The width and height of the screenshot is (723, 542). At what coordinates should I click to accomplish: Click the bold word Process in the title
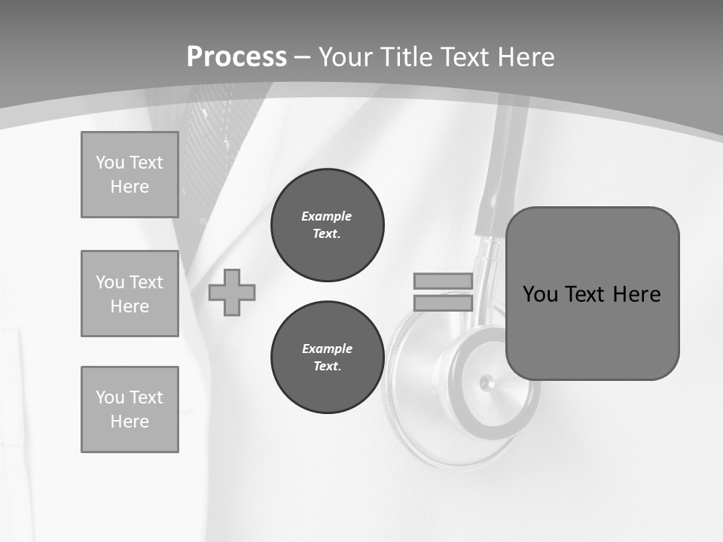pyautogui.click(x=236, y=57)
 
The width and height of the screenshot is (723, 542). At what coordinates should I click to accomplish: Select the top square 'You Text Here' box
pyautogui.click(x=130, y=175)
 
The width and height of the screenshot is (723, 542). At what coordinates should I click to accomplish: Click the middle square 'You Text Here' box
pyautogui.click(x=130, y=294)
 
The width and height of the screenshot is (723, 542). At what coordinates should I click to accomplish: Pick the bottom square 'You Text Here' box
pyautogui.click(x=130, y=410)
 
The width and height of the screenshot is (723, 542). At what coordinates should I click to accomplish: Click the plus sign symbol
pyautogui.click(x=232, y=292)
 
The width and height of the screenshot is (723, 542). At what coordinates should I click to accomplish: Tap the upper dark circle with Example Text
pyautogui.click(x=327, y=224)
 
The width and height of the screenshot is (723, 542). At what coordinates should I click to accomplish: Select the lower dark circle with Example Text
pyautogui.click(x=327, y=357)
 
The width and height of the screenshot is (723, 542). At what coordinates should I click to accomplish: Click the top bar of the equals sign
pyautogui.click(x=443, y=281)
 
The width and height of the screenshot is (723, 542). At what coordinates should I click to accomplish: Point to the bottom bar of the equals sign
pyautogui.click(x=443, y=303)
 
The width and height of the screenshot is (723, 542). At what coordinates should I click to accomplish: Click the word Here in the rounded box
pyautogui.click(x=636, y=294)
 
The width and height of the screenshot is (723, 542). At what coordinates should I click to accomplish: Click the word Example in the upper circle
pyautogui.click(x=327, y=216)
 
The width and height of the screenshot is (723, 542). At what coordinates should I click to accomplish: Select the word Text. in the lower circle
pyautogui.click(x=327, y=367)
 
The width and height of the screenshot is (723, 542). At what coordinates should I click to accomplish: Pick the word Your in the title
pyautogui.click(x=347, y=57)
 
